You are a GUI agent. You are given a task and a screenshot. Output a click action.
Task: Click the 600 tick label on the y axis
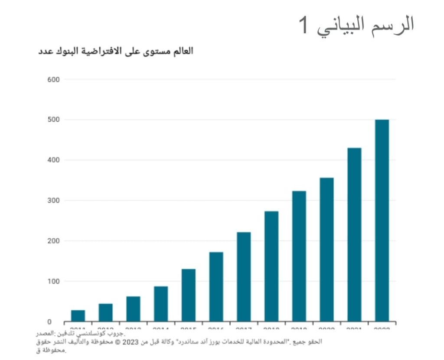pyautogui.click(x=53, y=79)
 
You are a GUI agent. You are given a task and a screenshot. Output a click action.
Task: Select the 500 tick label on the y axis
pyautogui.click(x=53, y=120)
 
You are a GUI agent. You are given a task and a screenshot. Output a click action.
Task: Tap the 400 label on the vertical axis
pyautogui.click(x=53, y=160)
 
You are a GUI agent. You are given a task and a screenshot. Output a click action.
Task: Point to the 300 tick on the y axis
pyautogui.click(x=53, y=201)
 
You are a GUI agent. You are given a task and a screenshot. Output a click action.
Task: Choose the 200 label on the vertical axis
pyautogui.click(x=53, y=241)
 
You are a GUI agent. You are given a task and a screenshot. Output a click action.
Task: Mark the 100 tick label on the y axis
pyautogui.click(x=53, y=282)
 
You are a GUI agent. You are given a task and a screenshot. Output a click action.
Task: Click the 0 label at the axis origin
pyautogui.click(x=49, y=322)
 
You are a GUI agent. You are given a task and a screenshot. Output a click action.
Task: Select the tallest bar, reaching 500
pyautogui.click(x=382, y=221)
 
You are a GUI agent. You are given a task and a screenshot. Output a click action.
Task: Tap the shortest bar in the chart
pyautogui.click(x=78, y=316)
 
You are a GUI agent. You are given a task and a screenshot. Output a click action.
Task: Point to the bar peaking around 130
pyautogui.click(x=188, y=295)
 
